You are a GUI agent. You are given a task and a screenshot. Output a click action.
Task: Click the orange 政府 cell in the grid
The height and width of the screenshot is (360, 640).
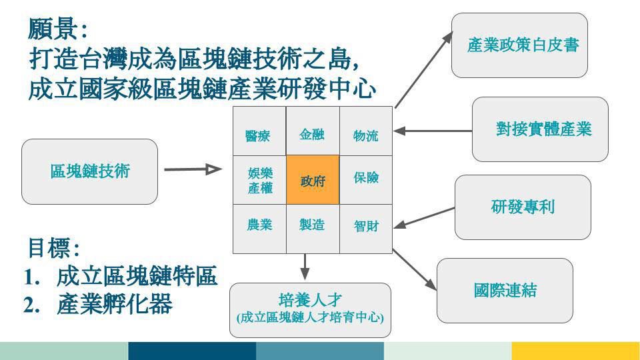tap(313, 180)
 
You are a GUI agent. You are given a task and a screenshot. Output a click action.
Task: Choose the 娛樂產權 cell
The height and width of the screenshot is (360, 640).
tap(259, 180)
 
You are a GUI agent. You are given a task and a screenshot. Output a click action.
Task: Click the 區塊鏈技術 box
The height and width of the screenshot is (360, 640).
tap(89, 171)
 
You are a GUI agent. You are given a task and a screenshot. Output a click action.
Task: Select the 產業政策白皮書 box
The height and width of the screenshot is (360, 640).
tap(519, 45)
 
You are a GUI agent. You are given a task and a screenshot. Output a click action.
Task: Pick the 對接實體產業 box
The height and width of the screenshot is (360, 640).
tap(540, 129)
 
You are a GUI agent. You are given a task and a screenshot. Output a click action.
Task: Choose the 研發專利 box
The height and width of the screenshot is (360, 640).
tap(523, 207)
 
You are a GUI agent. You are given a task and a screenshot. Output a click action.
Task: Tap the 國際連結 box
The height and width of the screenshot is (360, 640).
tap(505, 291)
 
